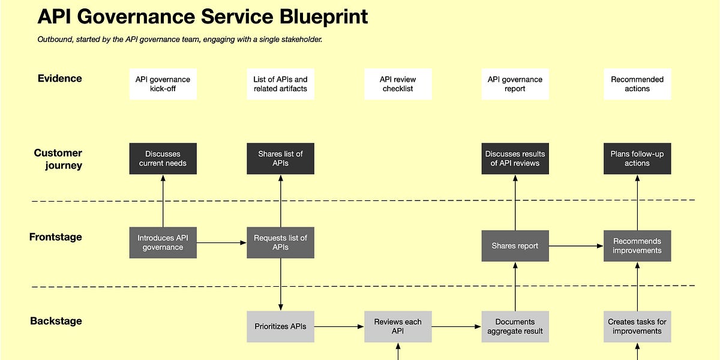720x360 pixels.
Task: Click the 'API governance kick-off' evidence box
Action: pos(163,84)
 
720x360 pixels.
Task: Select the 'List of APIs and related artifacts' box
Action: pos(280,84)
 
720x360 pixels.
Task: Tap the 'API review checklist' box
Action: pos(398,84)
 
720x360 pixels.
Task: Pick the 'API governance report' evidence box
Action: pos(515,84)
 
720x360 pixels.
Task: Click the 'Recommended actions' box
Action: pos(637,84)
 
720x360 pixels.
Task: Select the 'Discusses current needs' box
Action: pos(163,158)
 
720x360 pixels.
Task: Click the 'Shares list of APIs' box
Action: pos(280,158)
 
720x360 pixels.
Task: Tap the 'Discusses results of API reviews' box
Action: pos(515,158)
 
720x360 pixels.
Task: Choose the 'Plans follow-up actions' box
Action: pos(637,158)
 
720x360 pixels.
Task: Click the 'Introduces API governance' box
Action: pos(163,242)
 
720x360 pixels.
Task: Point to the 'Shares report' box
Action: pos(515,245)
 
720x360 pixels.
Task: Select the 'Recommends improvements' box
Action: pos(637,245)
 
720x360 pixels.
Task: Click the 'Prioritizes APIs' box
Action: pos(280,326)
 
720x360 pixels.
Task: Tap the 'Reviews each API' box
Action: pos(398,326)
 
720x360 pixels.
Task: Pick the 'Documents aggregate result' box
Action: pos(515,326)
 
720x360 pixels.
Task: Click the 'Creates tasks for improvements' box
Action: pos(637,326)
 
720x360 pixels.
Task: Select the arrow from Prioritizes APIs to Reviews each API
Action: pos(339,326)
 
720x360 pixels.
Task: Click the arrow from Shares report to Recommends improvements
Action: pos(576,245)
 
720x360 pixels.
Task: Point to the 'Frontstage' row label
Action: pos(55,237)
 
